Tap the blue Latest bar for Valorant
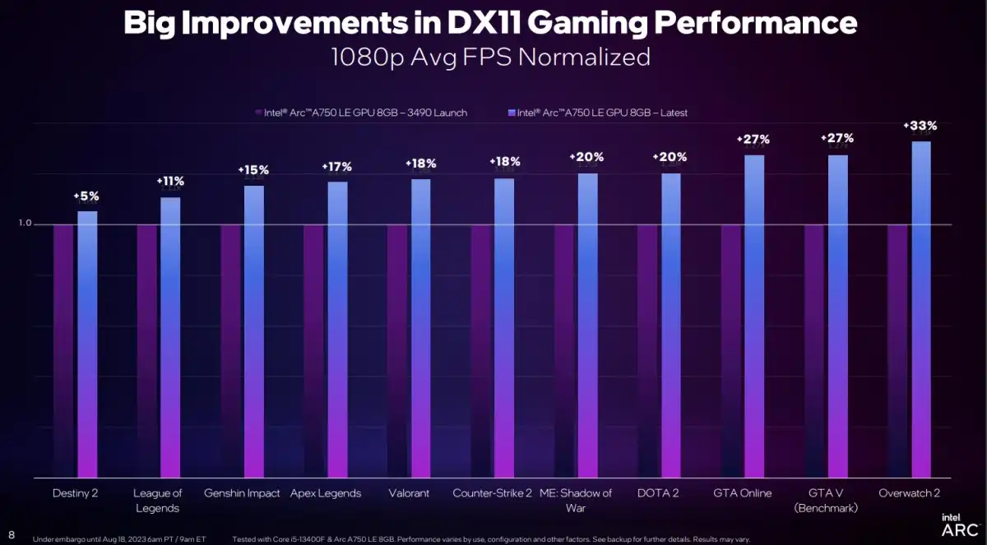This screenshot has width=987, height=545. click(x=420, y=328)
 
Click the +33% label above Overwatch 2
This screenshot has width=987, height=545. click(x=920, y=126)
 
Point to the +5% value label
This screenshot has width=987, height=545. click(x=86, y=196)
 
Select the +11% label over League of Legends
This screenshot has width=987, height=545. click(x=170, y=182)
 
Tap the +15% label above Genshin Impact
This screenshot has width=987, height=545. click(x=253, y=170)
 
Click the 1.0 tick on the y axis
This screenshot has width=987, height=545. click(x=25, y=224)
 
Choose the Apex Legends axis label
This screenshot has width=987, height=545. click(x=326, y=493)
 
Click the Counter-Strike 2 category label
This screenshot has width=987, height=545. click(x=492, y=493)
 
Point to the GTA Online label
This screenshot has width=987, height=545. click(x=743, y=493)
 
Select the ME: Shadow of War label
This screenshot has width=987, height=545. click(x=576, y=500)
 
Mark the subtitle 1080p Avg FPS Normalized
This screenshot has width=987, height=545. click(x=490, y=57)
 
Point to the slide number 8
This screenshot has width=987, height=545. click(x=12, y=534)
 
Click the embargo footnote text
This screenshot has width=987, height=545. click(x=119, y=539)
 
